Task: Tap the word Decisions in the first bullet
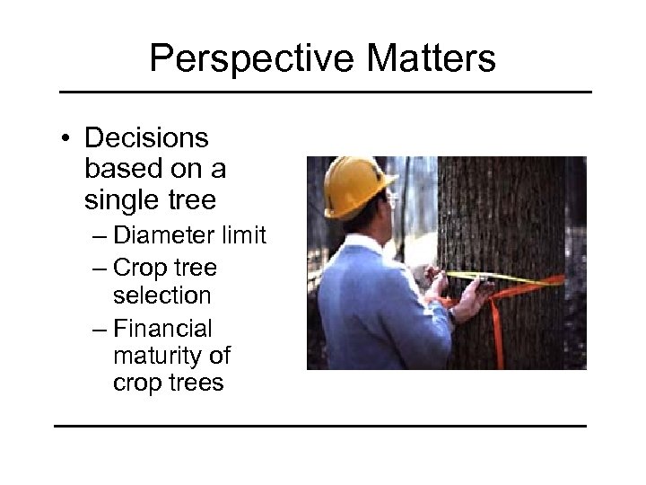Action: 146,139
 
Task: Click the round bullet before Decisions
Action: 66,140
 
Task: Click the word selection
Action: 162,295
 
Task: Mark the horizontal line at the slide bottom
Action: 320,425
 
